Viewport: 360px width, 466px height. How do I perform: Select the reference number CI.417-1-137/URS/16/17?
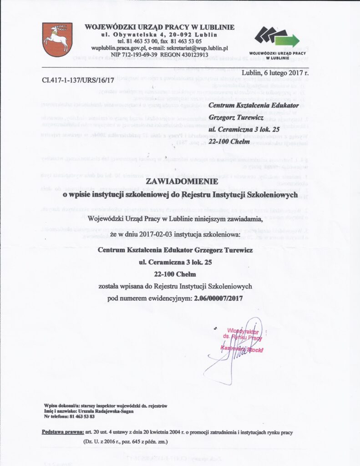coord(78,80)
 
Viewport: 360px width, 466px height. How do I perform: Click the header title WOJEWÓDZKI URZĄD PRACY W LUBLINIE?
coord(159,27)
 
